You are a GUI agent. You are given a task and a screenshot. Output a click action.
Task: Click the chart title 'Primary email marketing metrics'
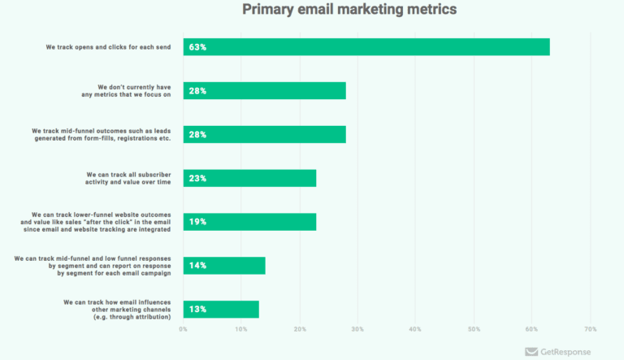[349, 10]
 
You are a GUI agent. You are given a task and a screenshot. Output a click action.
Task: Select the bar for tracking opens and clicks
[366, 47]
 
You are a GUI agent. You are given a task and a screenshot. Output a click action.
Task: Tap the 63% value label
[197, 47]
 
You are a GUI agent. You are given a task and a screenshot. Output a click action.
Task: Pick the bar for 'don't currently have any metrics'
[265, 91]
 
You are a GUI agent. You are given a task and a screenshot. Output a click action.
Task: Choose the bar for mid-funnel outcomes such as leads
[265, 135]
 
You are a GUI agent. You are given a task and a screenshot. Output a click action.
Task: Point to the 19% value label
[197, 222]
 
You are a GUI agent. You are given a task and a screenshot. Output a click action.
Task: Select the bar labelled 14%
[224, 266]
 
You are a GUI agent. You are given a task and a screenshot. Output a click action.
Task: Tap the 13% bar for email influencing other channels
[221, 310]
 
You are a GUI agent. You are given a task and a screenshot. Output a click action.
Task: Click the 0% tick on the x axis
[184, 329]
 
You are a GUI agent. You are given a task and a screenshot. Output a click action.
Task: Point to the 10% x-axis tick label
[241, 329]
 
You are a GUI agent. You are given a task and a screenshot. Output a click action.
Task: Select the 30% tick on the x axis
[357, 329]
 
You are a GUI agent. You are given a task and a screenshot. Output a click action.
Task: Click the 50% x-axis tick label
[474, 329]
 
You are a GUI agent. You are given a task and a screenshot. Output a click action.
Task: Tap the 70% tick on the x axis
[590, 329]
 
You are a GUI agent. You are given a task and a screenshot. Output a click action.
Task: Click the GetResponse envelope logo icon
[532, 352]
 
